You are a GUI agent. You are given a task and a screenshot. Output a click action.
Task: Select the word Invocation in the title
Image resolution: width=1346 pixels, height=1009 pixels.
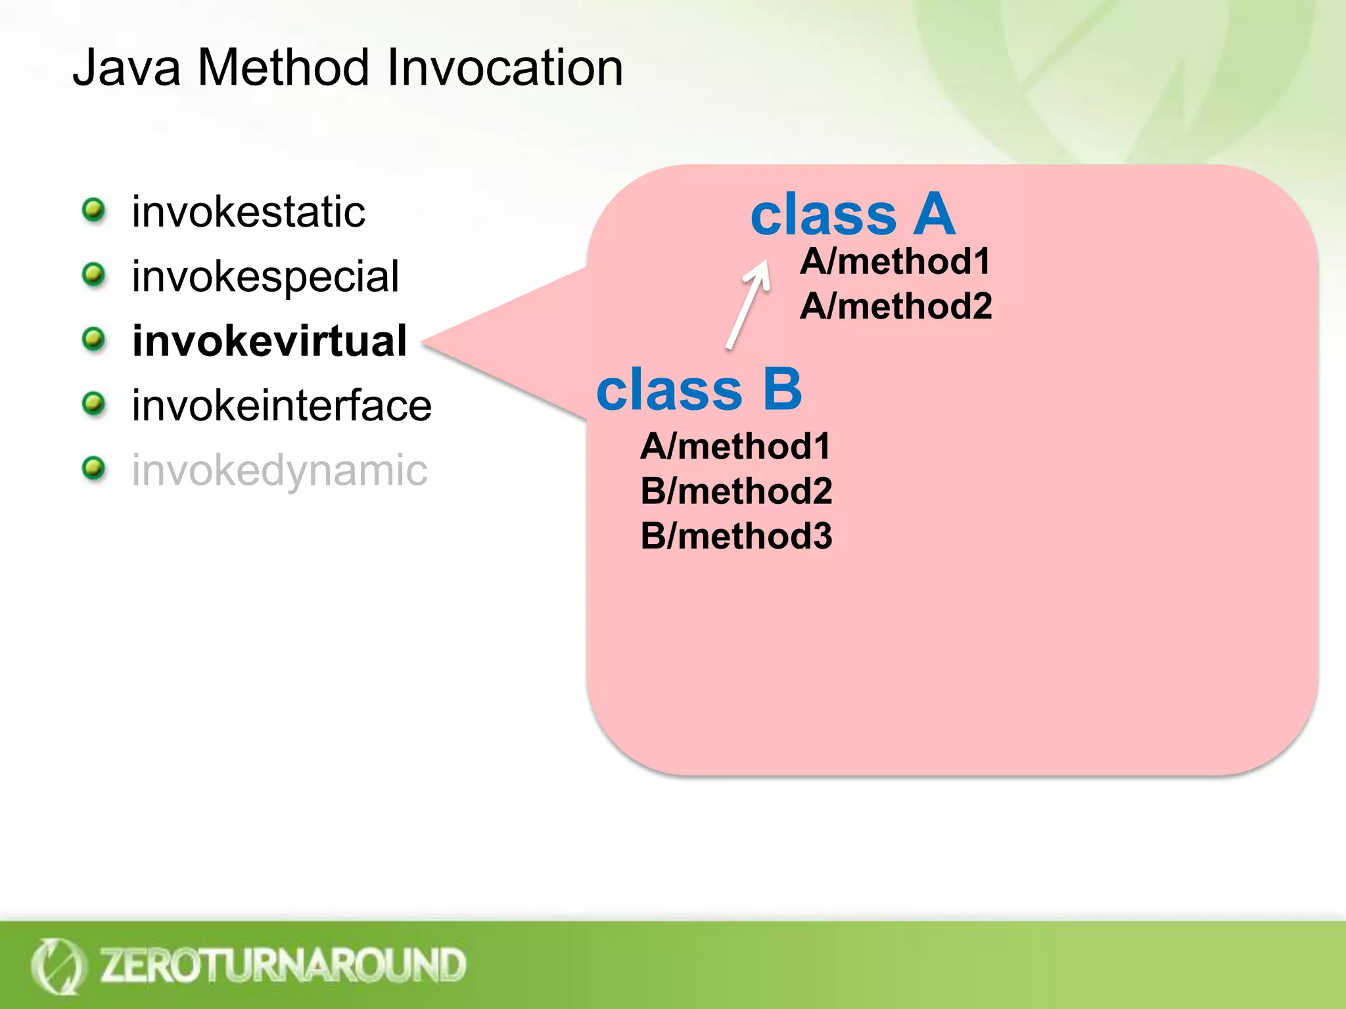505,68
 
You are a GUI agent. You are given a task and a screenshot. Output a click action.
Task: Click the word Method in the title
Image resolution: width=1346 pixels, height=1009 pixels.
283,68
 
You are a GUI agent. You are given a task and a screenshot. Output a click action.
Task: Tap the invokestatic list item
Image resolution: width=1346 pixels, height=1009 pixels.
248,212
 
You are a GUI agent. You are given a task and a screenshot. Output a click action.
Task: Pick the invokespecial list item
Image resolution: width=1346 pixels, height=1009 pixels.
265,277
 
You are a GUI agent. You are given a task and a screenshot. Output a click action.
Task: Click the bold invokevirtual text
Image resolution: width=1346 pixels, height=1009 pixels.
269,341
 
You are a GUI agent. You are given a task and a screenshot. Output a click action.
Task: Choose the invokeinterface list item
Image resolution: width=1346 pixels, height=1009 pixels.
281,405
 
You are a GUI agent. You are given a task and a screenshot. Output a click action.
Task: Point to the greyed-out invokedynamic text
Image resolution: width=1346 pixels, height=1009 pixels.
279,470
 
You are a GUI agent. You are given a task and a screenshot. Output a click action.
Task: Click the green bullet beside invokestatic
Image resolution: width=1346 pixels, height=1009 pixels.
94,211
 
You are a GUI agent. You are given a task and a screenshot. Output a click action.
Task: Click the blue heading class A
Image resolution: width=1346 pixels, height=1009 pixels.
852,214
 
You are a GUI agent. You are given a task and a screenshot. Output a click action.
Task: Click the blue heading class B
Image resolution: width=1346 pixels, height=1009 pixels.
699,389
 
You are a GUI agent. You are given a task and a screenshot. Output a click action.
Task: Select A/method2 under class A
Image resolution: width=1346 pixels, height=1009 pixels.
896,306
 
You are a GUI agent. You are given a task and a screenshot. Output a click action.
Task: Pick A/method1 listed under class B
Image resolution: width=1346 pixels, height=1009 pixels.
735,447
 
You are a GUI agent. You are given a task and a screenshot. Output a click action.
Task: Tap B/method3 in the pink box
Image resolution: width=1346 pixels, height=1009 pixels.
736,536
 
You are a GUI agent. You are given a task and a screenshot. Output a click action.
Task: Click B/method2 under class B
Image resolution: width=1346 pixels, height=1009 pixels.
736,491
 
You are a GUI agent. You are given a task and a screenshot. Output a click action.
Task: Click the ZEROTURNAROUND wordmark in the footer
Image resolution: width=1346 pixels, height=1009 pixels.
283,965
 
